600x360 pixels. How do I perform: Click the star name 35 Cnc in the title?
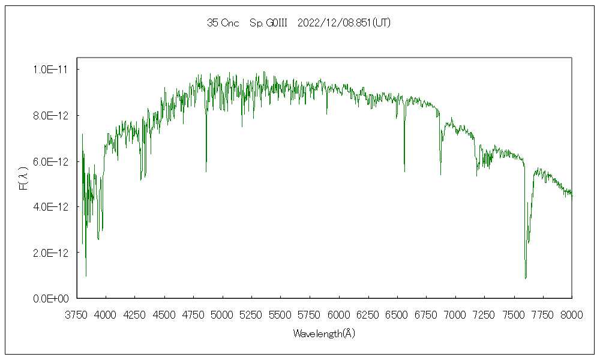223,23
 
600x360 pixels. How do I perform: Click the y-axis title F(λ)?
23,179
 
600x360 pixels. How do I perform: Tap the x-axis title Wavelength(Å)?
324,334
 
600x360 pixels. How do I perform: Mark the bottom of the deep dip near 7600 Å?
526,278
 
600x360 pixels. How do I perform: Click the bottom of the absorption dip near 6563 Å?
404,172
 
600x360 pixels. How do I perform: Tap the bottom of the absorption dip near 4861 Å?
206,172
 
